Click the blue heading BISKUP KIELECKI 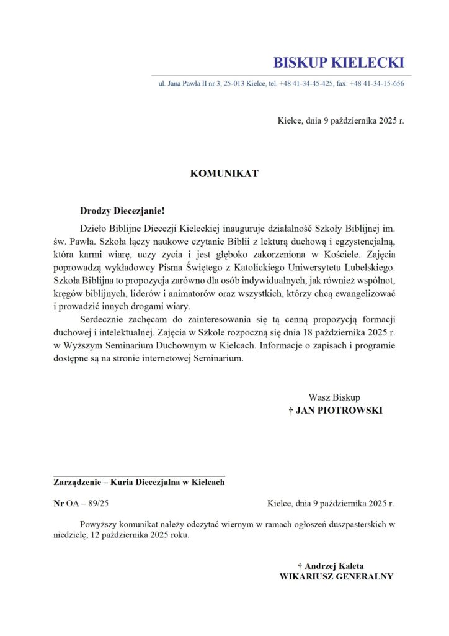(x=339, y=63)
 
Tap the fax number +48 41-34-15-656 (x=376, y=84)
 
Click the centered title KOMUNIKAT (x=224, y=173)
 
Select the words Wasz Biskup (x=334, y=397)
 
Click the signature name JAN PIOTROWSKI (x=339, y=411)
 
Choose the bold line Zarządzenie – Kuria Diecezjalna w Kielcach (x=139, y=483)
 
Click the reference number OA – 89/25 (x=87, y=504)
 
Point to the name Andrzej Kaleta (x=334, y=566)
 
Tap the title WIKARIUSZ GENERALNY (x=337, y=576)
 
